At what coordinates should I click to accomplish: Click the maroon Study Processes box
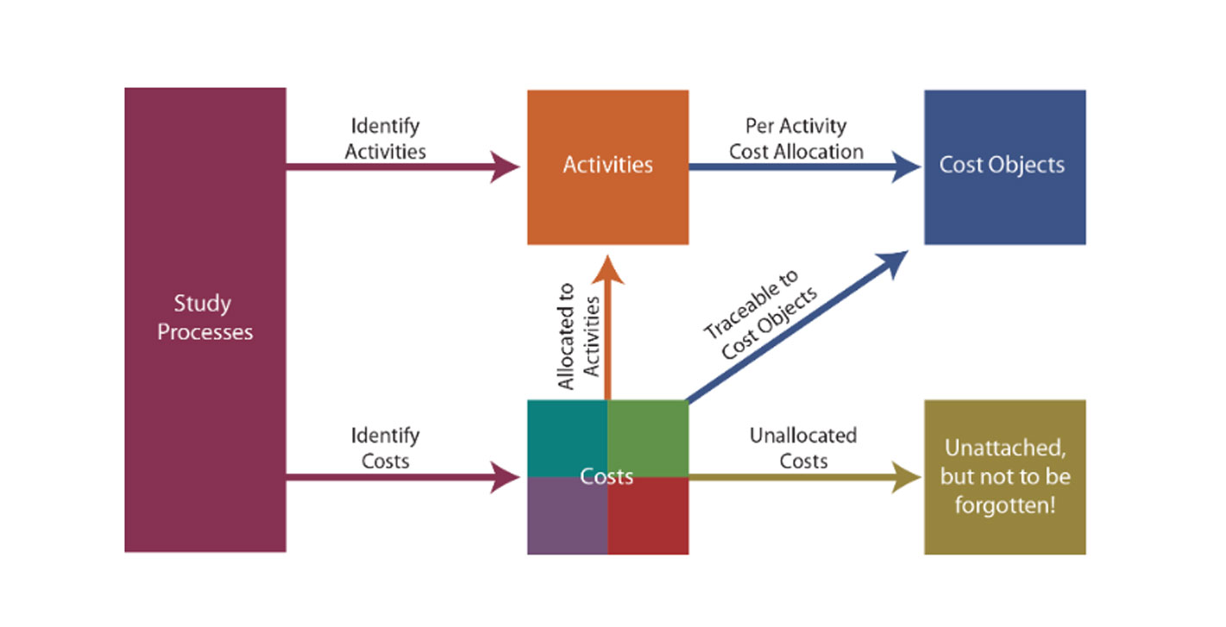[204, 319]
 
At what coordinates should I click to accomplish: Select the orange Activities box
[607, 166]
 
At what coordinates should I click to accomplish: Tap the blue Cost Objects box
[1004, 166]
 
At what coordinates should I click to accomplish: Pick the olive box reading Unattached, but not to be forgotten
[1004, 476]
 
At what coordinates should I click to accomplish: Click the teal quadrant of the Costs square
[567, 436]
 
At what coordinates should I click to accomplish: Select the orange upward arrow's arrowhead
[608, 269]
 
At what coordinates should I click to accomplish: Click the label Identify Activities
[385, 138]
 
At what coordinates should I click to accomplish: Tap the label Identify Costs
[385, 448]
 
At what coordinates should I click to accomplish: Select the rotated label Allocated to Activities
[578, 336]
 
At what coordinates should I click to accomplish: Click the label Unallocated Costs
[802, 448]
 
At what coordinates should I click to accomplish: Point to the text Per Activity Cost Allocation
[795, 138]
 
